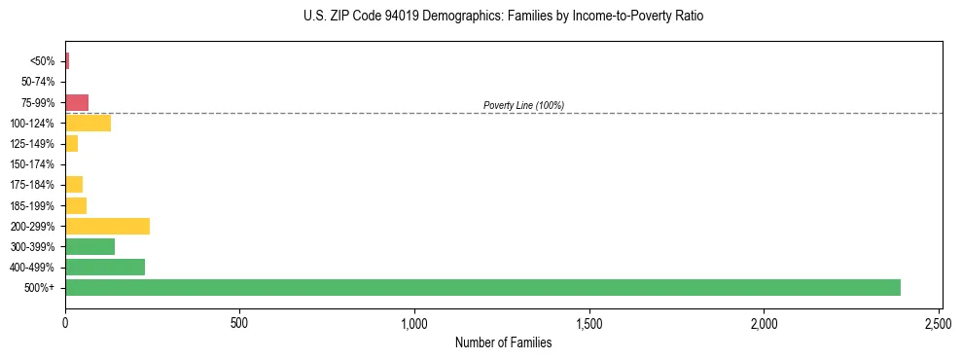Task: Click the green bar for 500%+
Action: point(482,287)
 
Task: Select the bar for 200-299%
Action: point(107,226)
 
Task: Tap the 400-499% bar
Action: point(105,267)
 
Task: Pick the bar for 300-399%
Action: point(89,246)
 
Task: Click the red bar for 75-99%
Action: point(77,102)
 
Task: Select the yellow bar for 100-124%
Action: point(88,123)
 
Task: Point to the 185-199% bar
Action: point(76,205)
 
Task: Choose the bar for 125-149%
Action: point(71,143)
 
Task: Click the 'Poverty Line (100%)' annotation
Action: point(523,105)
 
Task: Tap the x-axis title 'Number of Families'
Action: point(503,342)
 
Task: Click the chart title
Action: point(503,17)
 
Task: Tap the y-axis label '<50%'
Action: point(43,61)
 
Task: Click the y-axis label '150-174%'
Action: point(33,164)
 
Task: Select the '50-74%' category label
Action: point(38,82)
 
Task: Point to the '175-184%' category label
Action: point(33,185)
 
